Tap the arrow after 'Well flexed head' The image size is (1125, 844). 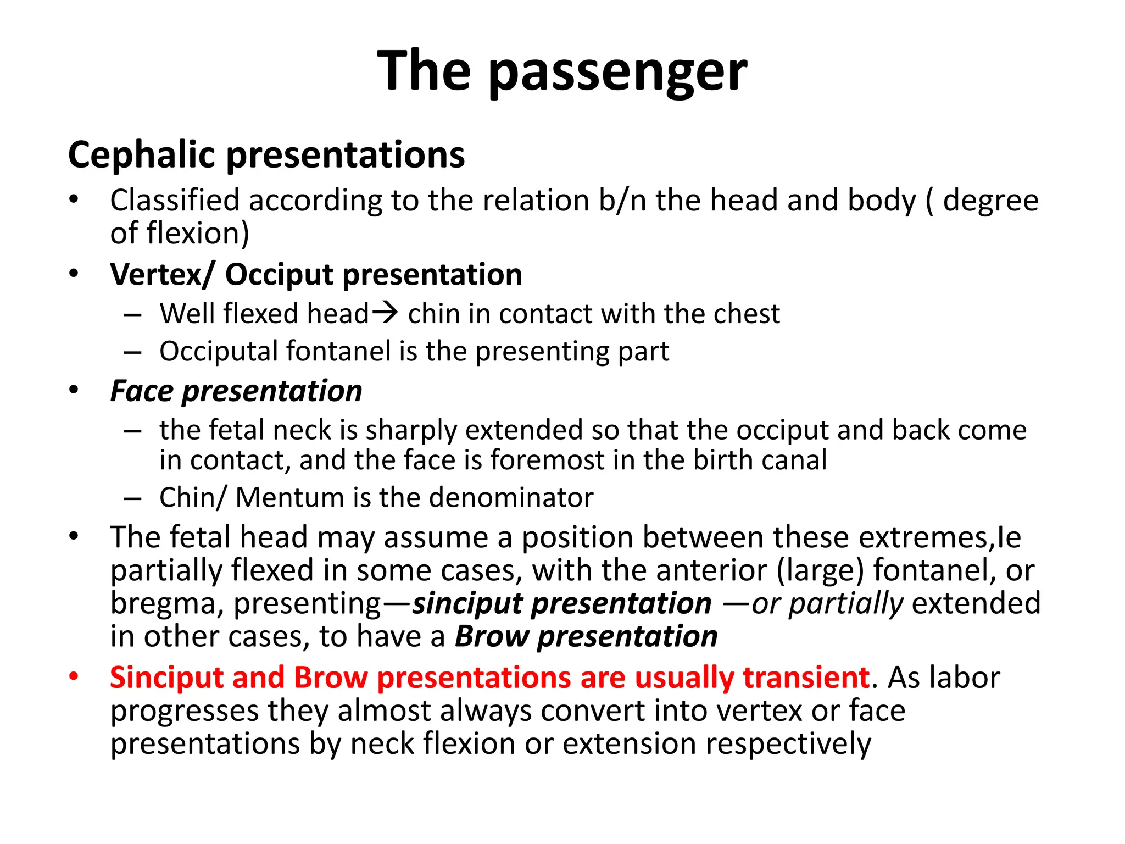pos(385,313)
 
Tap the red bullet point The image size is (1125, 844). pos(74,676)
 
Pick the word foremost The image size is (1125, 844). pos(547,460)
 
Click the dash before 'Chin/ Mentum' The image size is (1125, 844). pos(132,498)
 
